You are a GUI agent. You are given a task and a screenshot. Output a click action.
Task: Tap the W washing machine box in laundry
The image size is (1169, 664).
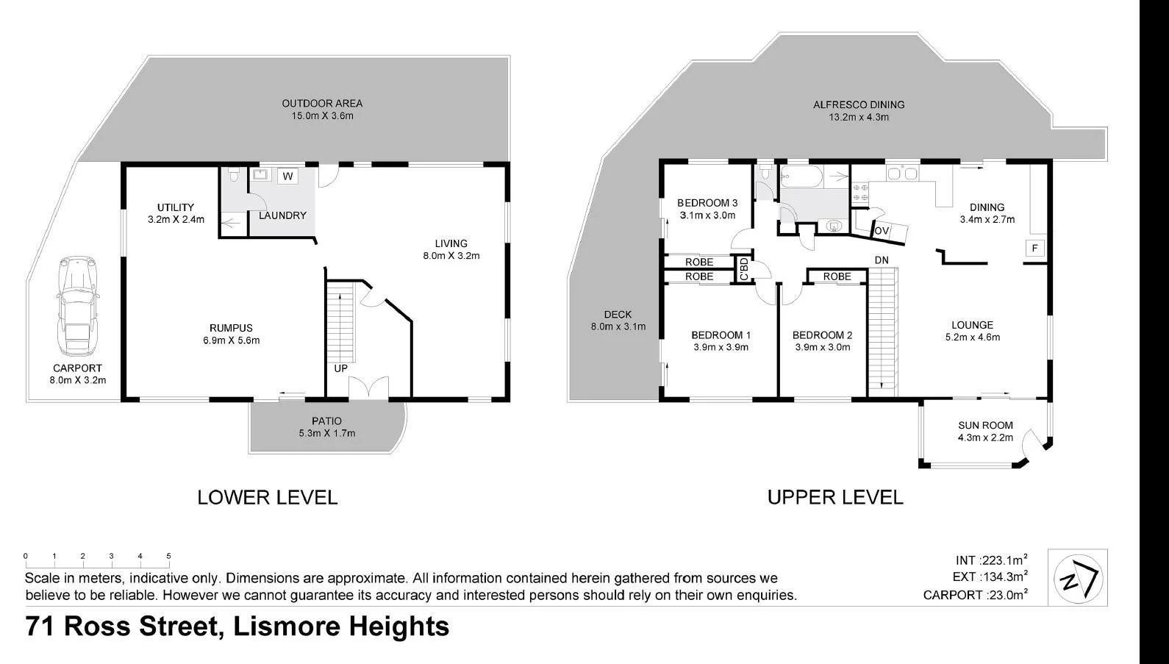coord(287,176)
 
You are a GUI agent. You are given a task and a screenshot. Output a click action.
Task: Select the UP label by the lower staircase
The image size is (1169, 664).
coord(340,368)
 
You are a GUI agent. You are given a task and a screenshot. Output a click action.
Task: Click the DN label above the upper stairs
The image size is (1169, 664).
coord(882,260)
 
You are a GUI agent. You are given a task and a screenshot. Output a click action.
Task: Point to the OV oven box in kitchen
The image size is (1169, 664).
coord(882,231)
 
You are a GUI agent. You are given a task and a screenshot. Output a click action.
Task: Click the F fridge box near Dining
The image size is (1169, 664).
coord(1034,249)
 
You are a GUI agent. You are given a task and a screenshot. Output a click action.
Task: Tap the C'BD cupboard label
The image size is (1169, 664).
coord(743,269)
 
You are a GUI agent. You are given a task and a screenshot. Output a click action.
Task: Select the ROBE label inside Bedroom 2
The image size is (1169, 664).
coord(837,276)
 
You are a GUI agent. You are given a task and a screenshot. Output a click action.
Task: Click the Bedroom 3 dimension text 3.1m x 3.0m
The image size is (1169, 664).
coord(707,215)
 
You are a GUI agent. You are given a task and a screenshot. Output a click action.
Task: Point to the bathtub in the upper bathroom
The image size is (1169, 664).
coord(813,176)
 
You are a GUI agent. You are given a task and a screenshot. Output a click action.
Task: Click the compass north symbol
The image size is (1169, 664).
coord(1077,577)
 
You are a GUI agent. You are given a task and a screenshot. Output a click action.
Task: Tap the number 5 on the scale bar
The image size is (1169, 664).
coord(168,557)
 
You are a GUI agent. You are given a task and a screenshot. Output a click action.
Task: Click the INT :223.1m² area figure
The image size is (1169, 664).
coord(990,560)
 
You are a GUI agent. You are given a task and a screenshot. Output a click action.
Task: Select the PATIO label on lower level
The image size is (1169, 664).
coord(326,421)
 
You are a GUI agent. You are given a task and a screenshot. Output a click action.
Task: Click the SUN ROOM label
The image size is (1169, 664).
coord(985,425)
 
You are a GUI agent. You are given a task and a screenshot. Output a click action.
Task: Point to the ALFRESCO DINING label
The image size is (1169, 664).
coord(859,104)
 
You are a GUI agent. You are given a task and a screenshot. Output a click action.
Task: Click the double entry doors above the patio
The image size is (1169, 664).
coord(368,389)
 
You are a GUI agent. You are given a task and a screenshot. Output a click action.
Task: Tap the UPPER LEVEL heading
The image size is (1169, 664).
coord(835,497)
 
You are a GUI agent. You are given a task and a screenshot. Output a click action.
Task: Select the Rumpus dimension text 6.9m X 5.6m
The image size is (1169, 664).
coord(231,340)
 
